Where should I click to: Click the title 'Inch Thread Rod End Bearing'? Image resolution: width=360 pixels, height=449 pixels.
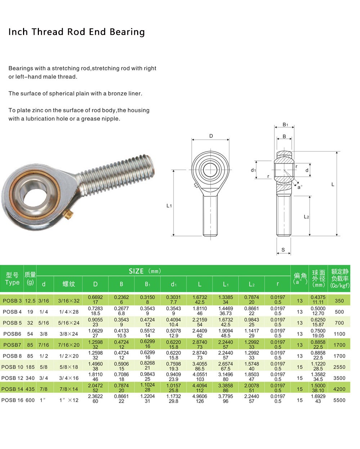(x=76, y=32)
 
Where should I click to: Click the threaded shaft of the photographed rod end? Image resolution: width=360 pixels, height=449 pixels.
(x=119, y=173)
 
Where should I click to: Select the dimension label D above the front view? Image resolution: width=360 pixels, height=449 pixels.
(x=211, y=136)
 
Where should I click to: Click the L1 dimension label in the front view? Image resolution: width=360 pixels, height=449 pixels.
(x=169, y=205)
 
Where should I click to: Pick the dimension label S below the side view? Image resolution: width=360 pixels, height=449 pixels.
(x=283, y=250)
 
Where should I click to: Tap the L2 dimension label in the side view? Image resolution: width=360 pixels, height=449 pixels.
(x=306, y=217)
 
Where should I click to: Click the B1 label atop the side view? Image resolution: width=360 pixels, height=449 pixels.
(x=285, y=124)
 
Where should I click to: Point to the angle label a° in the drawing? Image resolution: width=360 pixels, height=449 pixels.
(x=300, y=187)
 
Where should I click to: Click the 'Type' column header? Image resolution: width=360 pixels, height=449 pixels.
(x=12, y=282)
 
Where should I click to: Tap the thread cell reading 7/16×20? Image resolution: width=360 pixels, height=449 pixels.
(x=69, y=345)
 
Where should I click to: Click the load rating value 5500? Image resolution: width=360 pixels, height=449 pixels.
(x=339, y=400)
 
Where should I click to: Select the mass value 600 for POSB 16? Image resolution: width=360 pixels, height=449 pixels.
(x=30, y=400)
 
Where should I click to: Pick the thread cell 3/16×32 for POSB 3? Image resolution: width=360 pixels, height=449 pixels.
(x=69, y=301)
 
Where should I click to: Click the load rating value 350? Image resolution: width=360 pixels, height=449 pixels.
(x=339, y=301)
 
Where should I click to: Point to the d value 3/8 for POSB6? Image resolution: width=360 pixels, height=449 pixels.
(x=44, y=334)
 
